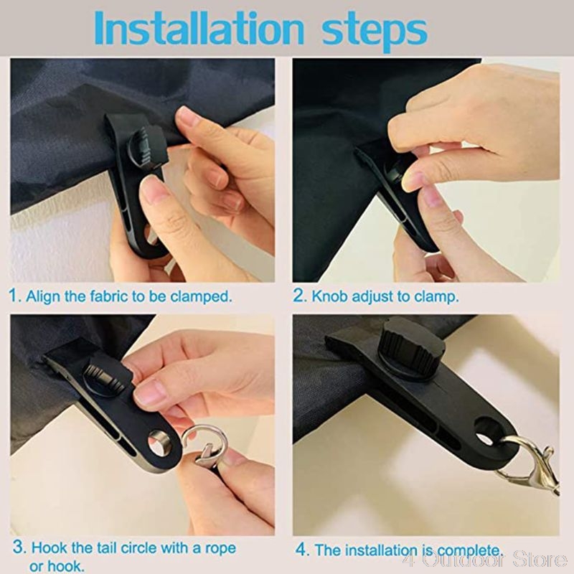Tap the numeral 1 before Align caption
click(15, 296)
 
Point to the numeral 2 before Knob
click(299, 296)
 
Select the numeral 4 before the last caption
click(302, 550)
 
